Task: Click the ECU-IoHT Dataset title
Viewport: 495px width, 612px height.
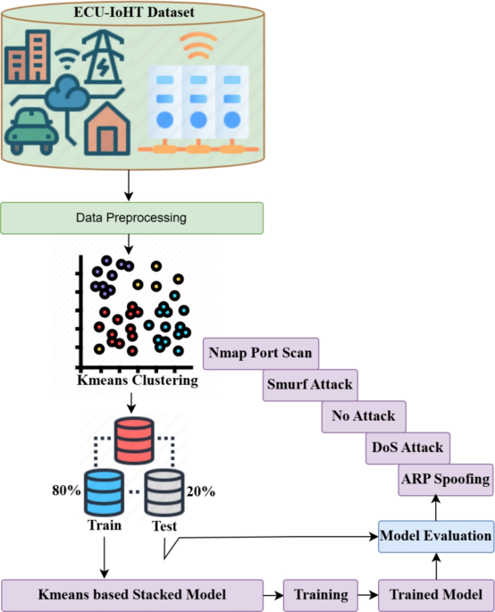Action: coord(132,13)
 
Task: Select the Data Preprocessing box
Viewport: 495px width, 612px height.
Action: coord(132,217)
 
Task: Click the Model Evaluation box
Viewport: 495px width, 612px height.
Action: coord(435,536)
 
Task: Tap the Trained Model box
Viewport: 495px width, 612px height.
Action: coord(436,593)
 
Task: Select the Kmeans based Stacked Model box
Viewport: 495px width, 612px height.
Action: coord(132,593)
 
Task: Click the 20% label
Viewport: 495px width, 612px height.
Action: coord(201,490)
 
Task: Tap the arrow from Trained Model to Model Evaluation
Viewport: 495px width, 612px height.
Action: coord(435,565)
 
